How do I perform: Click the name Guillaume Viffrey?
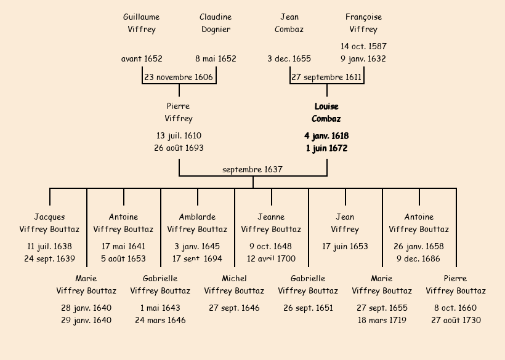coord(142,23)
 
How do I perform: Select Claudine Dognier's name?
coord(216,23)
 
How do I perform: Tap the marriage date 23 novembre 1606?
coord(179,78)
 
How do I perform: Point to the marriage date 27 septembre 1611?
coord(326,78)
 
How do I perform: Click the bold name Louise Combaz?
coord(326,113)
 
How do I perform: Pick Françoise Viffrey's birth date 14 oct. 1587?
coord(363,46)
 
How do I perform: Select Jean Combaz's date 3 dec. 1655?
coord(289,59)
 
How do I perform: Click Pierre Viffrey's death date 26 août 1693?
coord(179,148)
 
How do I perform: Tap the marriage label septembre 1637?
coord(252,169)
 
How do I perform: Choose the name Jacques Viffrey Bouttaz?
coord(49,223)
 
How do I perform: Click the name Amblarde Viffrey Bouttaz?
coord(197,223)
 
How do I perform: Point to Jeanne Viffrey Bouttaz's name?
coord(271,223)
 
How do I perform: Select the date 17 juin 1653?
coord(345,247)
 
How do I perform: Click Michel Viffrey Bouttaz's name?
coord(234,284)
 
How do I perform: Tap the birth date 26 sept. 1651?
coord(308,308)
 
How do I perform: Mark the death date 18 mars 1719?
coord(382,321)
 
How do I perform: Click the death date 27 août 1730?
coord(456,321)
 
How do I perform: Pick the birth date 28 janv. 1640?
coord(86,308)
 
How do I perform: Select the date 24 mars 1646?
coord(160,321)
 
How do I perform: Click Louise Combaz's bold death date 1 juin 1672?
coord(326,148)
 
